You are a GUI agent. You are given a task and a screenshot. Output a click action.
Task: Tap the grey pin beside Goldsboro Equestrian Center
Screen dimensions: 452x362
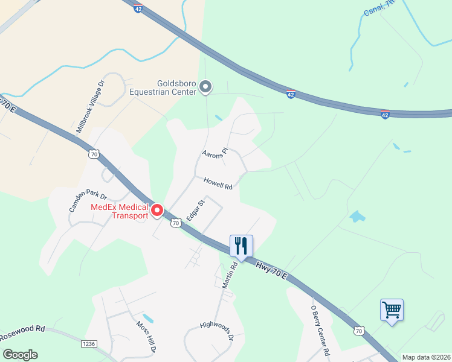tap(205, 87)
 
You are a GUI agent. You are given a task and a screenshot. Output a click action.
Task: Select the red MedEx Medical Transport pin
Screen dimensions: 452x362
tap(157, 210)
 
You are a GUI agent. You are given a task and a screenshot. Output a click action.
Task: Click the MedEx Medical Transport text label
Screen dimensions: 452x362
tap(119, 211)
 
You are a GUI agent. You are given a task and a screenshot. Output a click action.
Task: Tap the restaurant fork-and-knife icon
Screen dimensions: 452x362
tap(241, 246)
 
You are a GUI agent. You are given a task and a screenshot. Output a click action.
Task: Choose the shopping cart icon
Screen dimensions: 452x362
tap(392, 310)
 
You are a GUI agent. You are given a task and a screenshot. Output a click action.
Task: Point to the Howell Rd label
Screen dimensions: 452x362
tap(218, 183)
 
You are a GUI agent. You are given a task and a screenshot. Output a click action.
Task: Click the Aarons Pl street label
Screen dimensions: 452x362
tap(216, 154)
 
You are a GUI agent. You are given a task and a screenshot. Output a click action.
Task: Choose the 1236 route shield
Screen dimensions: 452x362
tap(89, 343)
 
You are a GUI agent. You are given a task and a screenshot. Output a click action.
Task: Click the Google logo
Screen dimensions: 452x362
tap(20, 355)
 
